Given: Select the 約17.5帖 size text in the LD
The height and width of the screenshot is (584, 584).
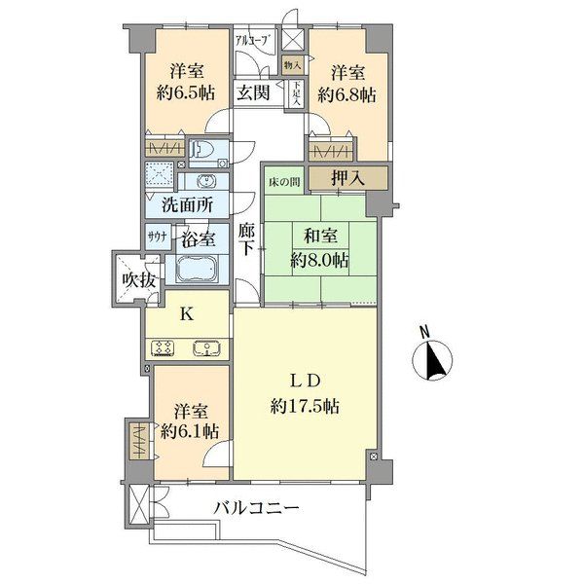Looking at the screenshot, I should click(x=305, y=403).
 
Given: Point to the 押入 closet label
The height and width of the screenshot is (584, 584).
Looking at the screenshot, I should click(x=346, y=177).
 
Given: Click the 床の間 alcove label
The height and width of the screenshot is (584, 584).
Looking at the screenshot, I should click(x=283, y=178).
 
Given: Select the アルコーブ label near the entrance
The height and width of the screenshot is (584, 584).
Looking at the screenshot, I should click(x=254, y=41).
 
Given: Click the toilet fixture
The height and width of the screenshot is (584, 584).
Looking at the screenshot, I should click(x=202, y=149).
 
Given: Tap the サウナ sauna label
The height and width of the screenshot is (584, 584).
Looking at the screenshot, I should click(x=156, y=236).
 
